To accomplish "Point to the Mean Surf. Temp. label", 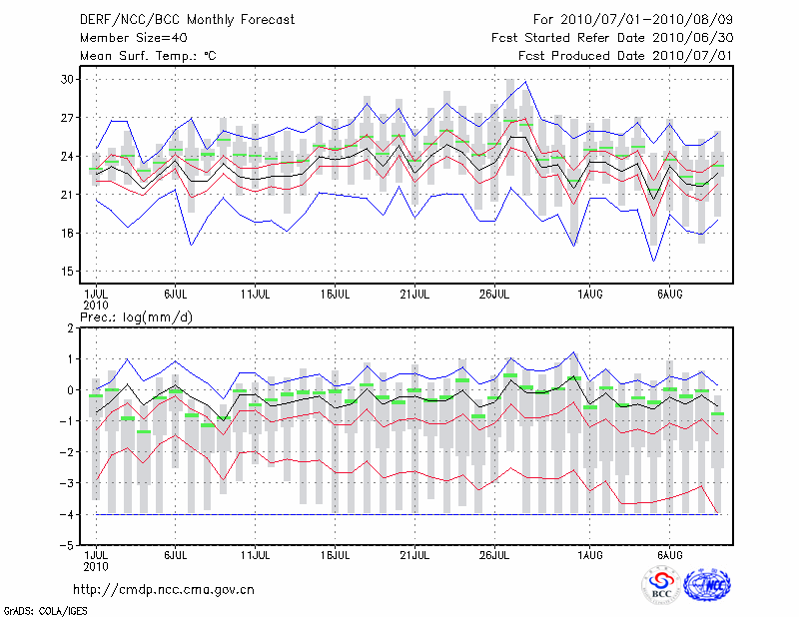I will click(148, 55).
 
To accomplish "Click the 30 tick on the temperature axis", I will click(68, 79).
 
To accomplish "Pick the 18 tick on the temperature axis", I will click(68, 234).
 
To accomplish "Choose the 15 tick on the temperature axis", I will click(68, 272).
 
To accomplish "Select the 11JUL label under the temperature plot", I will click(257, 295).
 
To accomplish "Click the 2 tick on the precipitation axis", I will click(70, 328).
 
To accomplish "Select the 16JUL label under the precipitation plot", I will click(336, 553).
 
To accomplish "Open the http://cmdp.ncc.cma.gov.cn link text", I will click(165, 590).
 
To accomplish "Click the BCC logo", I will click(661, 587).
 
